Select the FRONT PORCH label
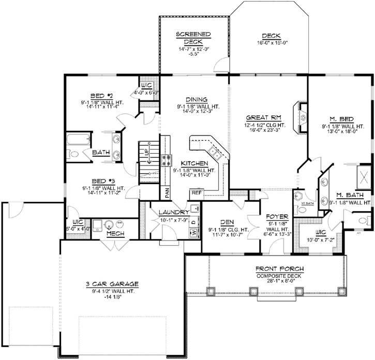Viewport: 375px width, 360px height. pos(279,269)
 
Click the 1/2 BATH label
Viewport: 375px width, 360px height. pos(308,204)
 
